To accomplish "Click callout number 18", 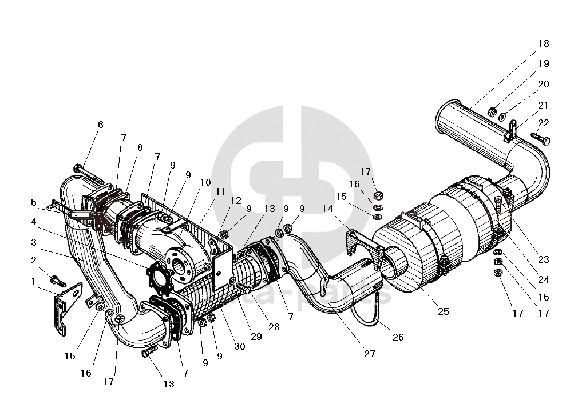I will (x=543, y=43).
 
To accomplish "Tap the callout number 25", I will (x=443, y=311).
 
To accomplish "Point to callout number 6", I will (x=101, y=125).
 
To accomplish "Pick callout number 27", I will (x=370, y=354).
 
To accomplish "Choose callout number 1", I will (x=34, y=281).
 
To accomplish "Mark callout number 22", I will (x=543, y=123).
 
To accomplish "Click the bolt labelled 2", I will (x=58, y=281).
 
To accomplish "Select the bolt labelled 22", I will (x=540, y=138).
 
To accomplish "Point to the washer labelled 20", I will (x=502, y=117).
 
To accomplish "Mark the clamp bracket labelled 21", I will (x=512, y=131).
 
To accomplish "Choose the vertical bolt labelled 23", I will (x=499, y=206).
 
